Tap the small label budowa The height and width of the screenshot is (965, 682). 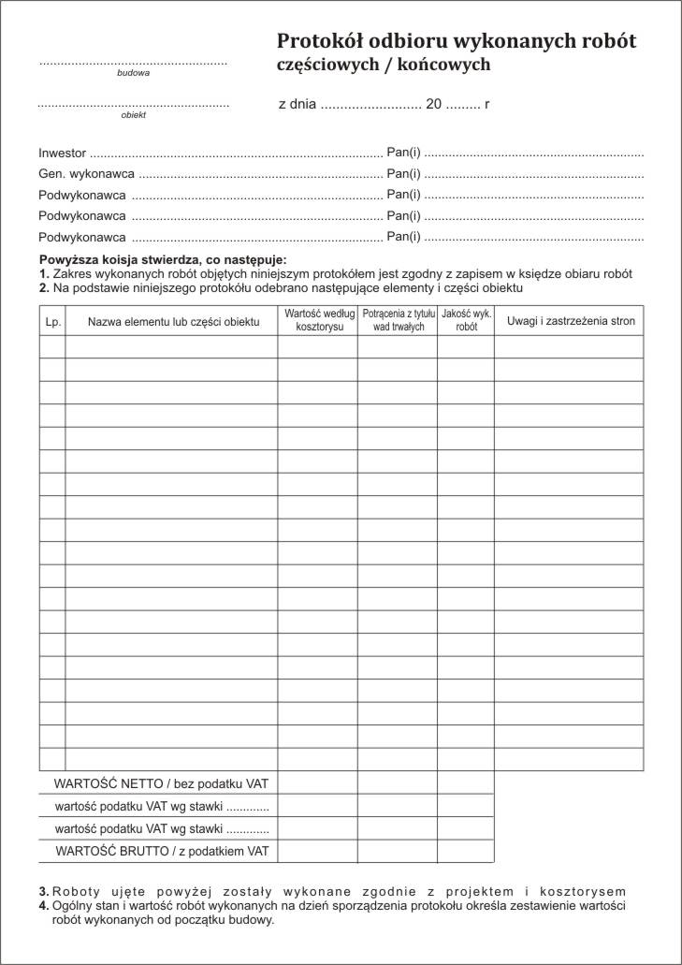(x=133, y=72)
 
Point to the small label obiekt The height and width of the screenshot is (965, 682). (x=133, y=115)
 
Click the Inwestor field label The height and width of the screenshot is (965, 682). (x=63, y=152)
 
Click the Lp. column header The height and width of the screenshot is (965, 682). (x=52, y=322)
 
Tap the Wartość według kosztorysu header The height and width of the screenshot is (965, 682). (x=318, y=321)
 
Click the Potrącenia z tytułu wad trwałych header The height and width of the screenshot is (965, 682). (x=398, y=321)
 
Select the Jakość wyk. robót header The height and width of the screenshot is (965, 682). (x=466, y=321)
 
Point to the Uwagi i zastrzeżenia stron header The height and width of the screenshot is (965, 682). (x=571, y=321)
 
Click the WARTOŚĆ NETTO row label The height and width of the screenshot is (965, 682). (x=161, y=782)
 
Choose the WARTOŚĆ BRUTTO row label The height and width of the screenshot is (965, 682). (x=162, y=851)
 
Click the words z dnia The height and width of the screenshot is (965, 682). (x=297, y=105)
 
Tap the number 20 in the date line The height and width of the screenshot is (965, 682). (x=433, y=105)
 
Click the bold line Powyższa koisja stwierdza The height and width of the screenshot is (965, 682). (x=163, y=259)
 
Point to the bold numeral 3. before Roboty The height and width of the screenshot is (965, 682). (x=43, y=891)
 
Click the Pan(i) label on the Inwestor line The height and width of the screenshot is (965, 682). (x=403, y=152)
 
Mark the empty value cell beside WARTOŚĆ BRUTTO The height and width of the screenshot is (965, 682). (x=317, y=851)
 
